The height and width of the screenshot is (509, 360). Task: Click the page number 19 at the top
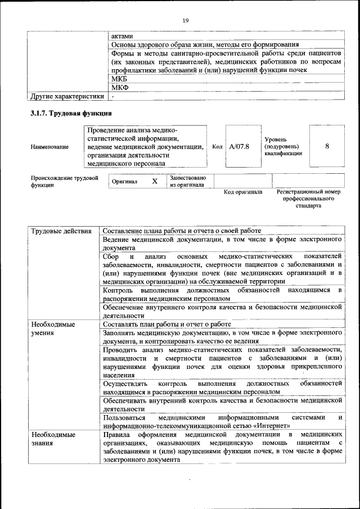pos(185,21)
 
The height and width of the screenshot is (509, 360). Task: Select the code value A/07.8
pos(239,146)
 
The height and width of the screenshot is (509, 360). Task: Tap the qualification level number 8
pos(327,146)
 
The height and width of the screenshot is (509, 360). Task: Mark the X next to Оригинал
pos(155,182)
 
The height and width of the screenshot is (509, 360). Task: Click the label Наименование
pos(50,147)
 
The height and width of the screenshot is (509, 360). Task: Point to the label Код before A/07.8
pos(217,147)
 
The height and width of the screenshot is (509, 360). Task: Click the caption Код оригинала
pos(243,192)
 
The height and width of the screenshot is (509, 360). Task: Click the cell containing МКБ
pos(119,79)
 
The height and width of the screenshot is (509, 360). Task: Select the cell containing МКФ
pos(120,88)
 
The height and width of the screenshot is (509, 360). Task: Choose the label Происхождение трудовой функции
pos(64,181)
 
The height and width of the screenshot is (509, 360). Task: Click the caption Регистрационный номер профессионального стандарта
pos(309,199)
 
